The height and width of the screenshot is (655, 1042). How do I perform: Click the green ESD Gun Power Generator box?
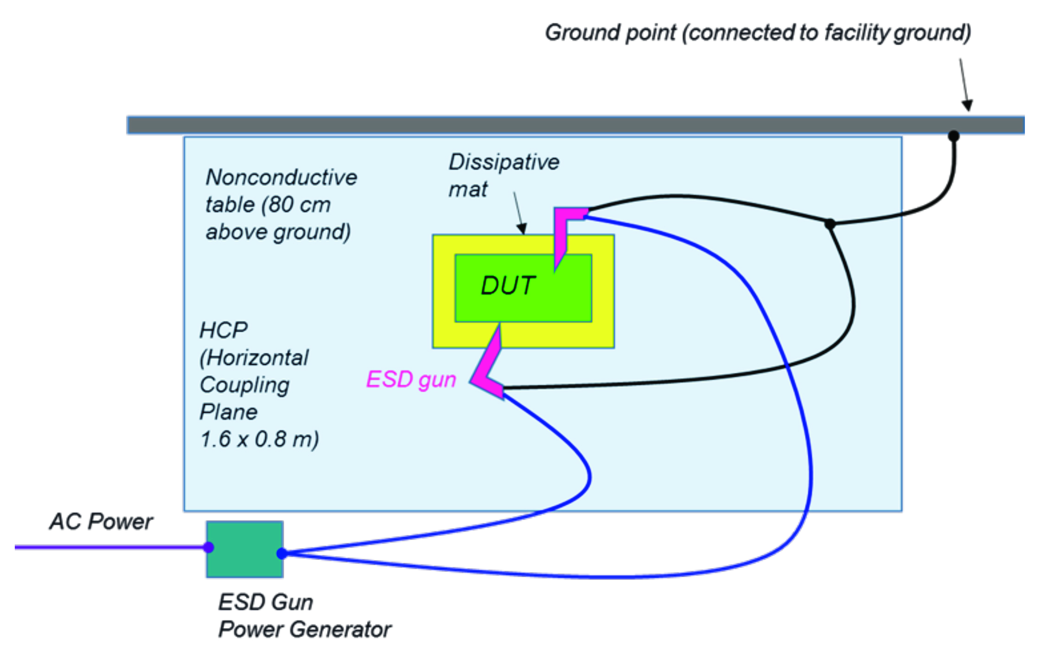pyautogui.click(x=244, y=549)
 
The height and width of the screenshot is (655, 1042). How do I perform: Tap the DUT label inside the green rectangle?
pyautogui.click(x=508, y=286)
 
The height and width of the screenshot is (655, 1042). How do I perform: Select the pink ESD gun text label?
pyautogui.click(x=411, y=380)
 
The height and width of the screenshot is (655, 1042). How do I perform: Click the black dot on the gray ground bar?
pyautogui.click(x=953, y=136)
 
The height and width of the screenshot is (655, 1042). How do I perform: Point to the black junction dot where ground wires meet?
pyautogui.click(x=830, y=224)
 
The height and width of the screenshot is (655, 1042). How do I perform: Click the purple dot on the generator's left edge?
pyautogui.click(x=209, y=547)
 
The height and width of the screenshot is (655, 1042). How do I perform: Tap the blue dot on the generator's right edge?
pyautogui.click(x=282, y=553)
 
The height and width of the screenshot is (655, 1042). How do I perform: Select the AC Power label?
pyautogui.click(x=101, y=521)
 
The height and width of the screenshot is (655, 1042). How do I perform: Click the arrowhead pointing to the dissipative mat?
pyautogui.click(x=523, y=228)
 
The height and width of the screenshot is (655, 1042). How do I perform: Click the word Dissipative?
pyautogui.click(x=504, y=162)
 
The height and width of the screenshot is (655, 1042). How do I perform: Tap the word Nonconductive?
pyautogui.click(x=281, y=178)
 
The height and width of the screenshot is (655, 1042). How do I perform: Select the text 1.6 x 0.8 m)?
pyautogui.click(x=259, y=439)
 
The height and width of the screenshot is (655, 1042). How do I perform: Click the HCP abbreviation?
pyautogui.click(x=224, y=331)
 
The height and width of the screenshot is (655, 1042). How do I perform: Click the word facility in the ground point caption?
pyautogui.click(x=856, y=33)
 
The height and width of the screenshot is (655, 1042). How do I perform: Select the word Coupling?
pyautogui.click(x=244, y=385)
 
